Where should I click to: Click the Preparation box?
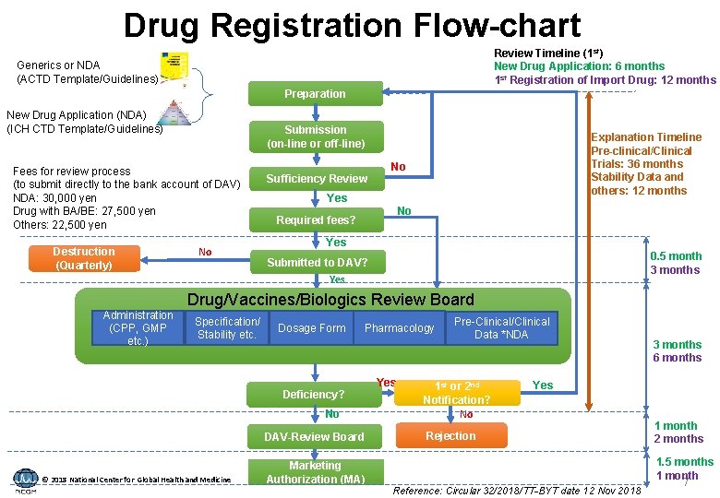tap(315, 94)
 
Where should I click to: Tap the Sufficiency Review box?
tap(316, 178)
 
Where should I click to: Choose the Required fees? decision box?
tap(316, 219)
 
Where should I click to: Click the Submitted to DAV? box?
tap(316, 262)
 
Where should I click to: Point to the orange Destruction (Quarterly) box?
tap(83, 258)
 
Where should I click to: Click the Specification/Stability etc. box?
tap(226, 328)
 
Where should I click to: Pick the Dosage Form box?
tap(311, 328)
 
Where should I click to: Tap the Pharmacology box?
tap(399, 328)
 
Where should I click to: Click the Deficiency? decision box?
tap(314, 394)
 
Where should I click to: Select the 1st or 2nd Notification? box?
tap(456, 392)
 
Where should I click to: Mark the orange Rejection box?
tap(450, 436)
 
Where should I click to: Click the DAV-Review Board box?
tap(314, 436)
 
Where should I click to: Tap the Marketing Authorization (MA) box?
tap(314, 472)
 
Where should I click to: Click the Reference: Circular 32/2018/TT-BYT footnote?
tap(517, 491)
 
